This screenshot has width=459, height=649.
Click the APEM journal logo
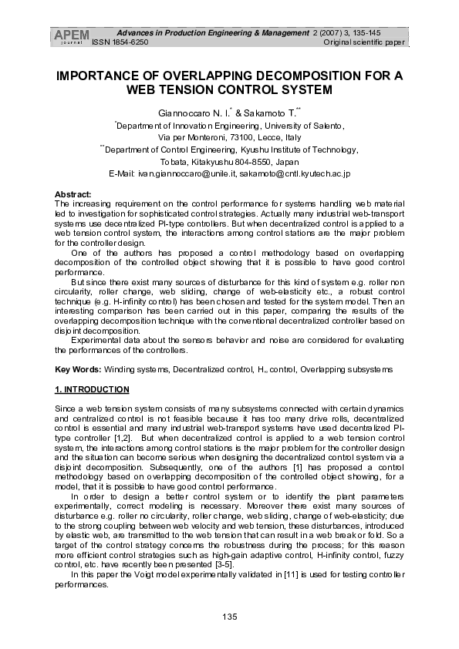(x=71, y=36)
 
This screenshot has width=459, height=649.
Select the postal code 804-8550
(x=249, y=163)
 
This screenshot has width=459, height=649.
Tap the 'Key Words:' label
(x=79, y=370)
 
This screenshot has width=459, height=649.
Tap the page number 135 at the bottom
(x=229, y=616)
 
